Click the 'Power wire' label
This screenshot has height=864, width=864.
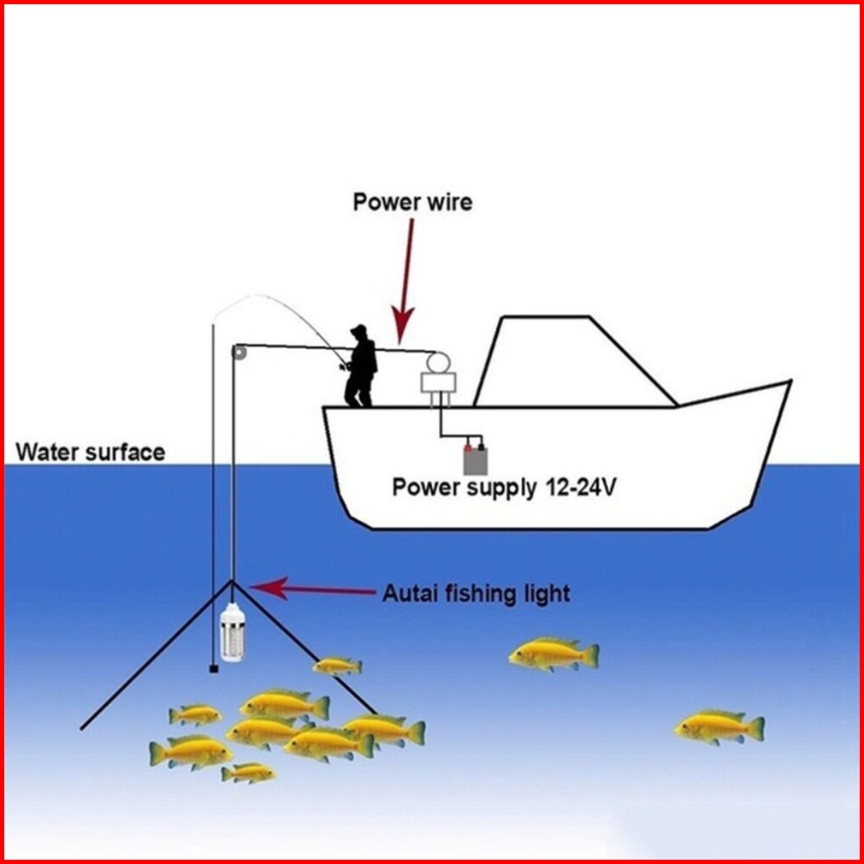pyautogui.click(x=412, y=203)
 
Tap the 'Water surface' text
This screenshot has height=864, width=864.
pyautogui.click(x=91, y=452)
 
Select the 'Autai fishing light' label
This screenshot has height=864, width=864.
pyautogui.click(x=475, y=593)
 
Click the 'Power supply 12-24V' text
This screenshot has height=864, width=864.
pyautogui.click(x=503, y=488)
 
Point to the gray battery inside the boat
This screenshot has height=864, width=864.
pyautogui.click(x=474, y=459)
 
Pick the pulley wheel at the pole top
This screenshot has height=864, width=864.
pyautogui.click(x=240, y=351)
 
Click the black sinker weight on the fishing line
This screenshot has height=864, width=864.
pyautogui.click(x=212, y=668)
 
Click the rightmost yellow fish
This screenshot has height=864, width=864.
pyautogui.click(x=719, y=727)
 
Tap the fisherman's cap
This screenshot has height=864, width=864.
pyautogui.click(x=359, y=329)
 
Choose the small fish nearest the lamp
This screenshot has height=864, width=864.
pyautogui.click(x=337, y=665)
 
